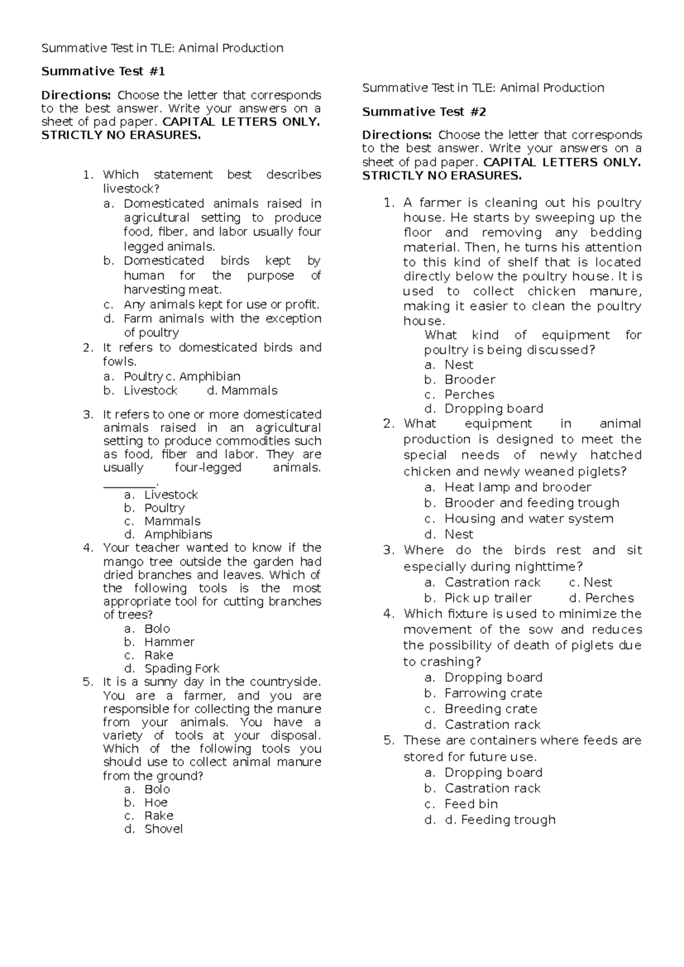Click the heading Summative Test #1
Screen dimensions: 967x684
[103, 71]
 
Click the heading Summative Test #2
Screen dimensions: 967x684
[424, 112]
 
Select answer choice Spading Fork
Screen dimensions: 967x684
[181, 668]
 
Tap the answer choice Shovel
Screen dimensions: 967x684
[164, 829]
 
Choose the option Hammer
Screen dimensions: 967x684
[169, 642]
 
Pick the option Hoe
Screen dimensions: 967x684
[156, 802]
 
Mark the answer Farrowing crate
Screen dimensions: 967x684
[493, 693]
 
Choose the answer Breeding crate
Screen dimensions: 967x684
[491, 709]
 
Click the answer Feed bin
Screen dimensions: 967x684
[471, 804]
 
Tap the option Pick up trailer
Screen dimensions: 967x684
[488, 598]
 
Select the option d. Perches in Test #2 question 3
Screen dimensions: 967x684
[601, 598]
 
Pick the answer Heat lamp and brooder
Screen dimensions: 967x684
[518, 487]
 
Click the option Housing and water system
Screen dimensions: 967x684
[528, 519]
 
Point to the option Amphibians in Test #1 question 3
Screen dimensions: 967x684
[178, 535]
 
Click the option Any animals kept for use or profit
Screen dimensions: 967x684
[221, 304]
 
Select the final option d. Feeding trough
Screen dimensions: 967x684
[500, 820]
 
